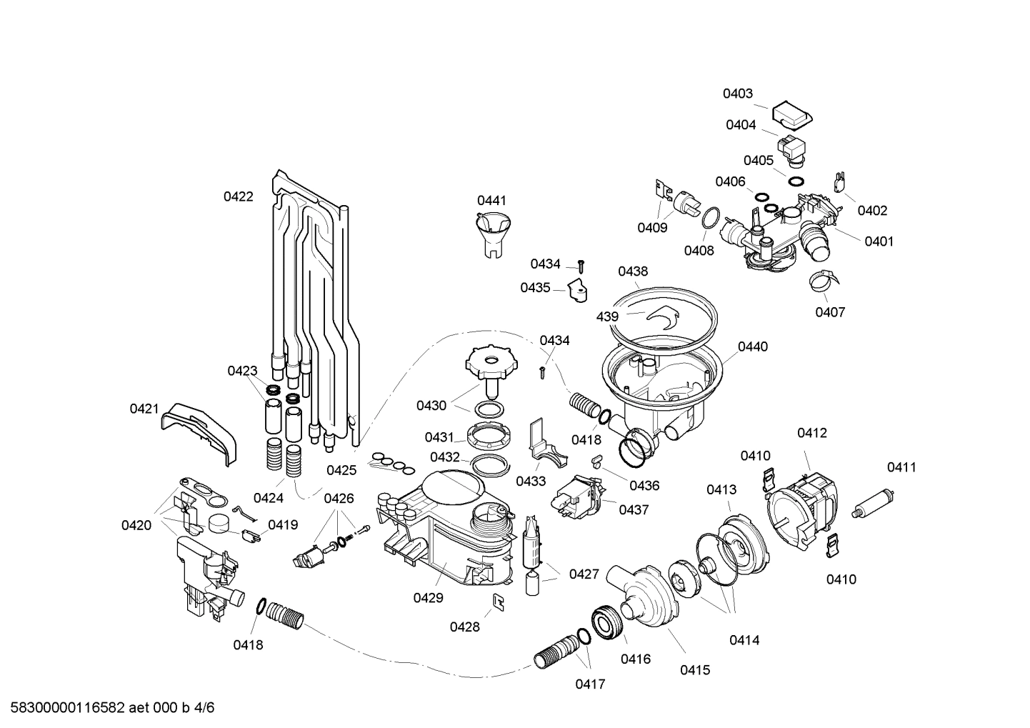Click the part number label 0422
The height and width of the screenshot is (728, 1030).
(238, 196)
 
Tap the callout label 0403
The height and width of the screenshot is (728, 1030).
(737, 94)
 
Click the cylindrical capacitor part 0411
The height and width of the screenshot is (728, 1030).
(876, 502)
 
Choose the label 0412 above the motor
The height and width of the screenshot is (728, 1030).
(812, 433)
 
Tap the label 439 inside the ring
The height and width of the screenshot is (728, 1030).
(607, 316)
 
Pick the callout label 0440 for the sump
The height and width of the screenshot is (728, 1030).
(752, 347)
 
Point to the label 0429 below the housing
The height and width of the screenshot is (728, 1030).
(428, 598)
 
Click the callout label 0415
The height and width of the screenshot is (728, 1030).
(694, 670)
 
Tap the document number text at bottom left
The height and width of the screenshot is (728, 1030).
(109, 708)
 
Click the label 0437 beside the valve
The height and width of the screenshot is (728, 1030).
(634, 510)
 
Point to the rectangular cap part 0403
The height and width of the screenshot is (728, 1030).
(792, 113)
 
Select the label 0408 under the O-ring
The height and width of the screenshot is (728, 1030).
(699, 251)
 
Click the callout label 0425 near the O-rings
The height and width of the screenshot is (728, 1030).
(341, 470)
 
